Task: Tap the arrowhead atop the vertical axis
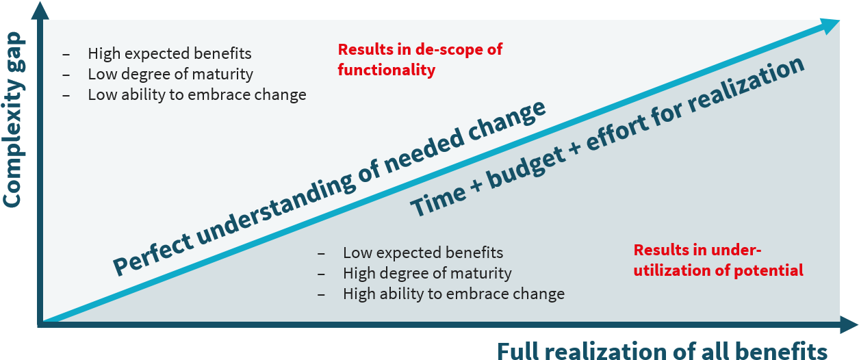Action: click(x=40, y=10)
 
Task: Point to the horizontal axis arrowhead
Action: click(x=849, y=324)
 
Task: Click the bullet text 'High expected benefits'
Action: click(x=170, y=53)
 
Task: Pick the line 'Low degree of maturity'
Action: click(x=170, y=74)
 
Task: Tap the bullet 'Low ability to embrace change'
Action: click(x=196, y=94)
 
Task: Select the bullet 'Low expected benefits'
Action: click(x=423, y=253)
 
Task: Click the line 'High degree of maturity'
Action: click(x=427, y=273)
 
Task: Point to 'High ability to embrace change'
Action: click(x=454, y=294)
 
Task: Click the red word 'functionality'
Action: click(x=386, y=70)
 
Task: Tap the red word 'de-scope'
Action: click(x=446, y=49)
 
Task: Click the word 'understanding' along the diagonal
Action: click(x=275, y=206)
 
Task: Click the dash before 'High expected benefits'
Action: click(x=66, y=55)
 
